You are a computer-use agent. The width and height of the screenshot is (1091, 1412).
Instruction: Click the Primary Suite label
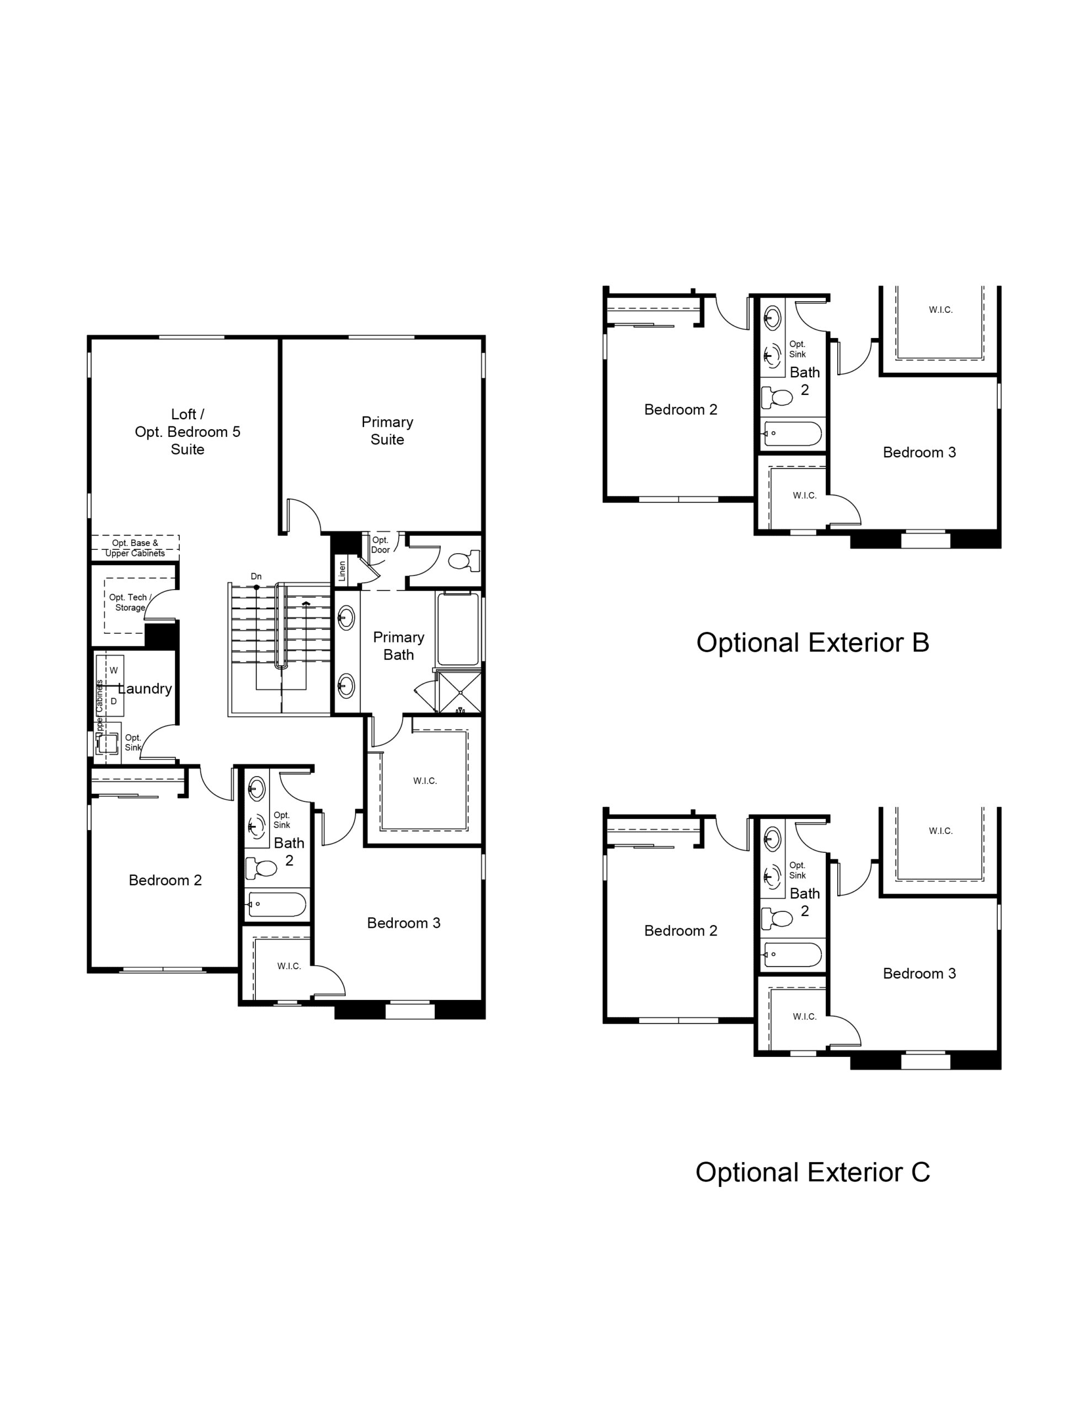point(387,431)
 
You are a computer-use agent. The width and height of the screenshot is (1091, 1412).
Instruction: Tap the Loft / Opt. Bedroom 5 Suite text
point(188,432)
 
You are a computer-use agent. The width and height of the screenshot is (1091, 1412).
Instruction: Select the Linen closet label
point(342,571)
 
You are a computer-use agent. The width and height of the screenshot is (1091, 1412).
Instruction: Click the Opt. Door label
point(380,545)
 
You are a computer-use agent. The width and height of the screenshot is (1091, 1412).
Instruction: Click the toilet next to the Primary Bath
point(464,560)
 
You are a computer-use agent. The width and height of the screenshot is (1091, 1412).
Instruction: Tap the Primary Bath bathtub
point(458,628)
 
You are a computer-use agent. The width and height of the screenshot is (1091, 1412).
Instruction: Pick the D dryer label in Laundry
point(114,701)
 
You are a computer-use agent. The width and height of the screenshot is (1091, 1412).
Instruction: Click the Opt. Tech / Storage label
point(130,602)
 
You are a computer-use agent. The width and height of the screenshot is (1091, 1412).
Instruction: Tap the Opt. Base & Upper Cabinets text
point(135,548)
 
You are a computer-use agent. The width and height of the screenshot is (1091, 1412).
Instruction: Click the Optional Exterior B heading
point(812,643)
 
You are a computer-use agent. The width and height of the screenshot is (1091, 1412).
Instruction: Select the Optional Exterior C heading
point(812,1172)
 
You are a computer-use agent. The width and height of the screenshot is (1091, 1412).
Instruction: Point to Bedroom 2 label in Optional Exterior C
point(680,931)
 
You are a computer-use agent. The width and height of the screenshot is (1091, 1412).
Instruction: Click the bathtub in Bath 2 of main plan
point(277,905)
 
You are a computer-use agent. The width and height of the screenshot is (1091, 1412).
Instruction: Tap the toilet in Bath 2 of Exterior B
point(777,397)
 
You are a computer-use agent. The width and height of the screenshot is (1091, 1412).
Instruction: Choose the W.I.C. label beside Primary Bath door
point(425,781)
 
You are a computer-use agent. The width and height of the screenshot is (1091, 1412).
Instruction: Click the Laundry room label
point(145,688)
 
